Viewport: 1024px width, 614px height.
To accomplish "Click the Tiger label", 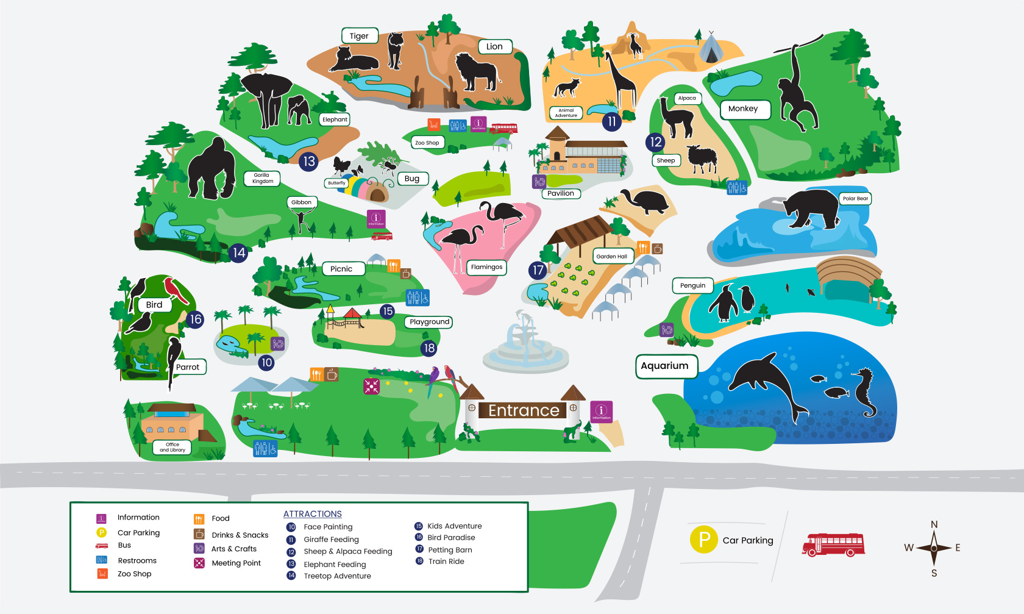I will [359, 36].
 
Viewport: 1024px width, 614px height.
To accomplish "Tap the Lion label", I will [494, 46].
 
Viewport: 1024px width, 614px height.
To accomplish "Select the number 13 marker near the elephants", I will [309, 162].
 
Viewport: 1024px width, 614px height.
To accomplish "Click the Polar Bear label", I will [855, 198].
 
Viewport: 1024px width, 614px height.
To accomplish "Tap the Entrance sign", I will [524, 410].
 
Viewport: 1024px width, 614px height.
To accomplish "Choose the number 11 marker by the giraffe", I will [612, 121].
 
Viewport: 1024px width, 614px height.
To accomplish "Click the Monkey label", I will [744, 109].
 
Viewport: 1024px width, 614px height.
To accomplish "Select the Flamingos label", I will [486, 267].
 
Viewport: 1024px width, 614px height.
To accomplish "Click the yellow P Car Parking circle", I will [703, 540].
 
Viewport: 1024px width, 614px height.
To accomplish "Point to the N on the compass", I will [934, 524].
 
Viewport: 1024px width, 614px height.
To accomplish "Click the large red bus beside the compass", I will [833, 544].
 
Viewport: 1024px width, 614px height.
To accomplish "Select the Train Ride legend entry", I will [446, 562].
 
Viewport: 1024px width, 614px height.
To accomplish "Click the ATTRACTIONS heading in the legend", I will [312, 514].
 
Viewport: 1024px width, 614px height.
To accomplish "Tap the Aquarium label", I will [664, 366].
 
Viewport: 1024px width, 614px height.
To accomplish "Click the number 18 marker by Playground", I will [429, 348].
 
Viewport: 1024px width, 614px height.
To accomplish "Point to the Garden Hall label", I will [611, 257].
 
